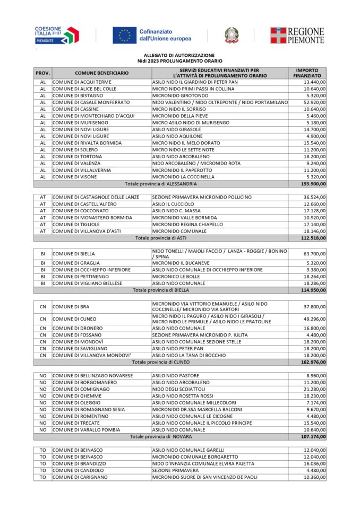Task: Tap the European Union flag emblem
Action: pyautogui.click(x=124, y=36)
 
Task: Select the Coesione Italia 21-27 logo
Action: pyautogui.click(x=56, y=35)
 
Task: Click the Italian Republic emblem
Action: pyautogui.click(x=231, y=36)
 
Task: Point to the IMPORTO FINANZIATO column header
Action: pyautogui.click(x=307, y=73)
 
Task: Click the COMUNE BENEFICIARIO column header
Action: pyautogui.click(x=101, y=73)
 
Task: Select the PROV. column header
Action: pyautogui.click(x=42, y=73)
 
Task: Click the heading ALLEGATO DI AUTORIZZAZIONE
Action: pyautogui.click(x=179, y=55)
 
